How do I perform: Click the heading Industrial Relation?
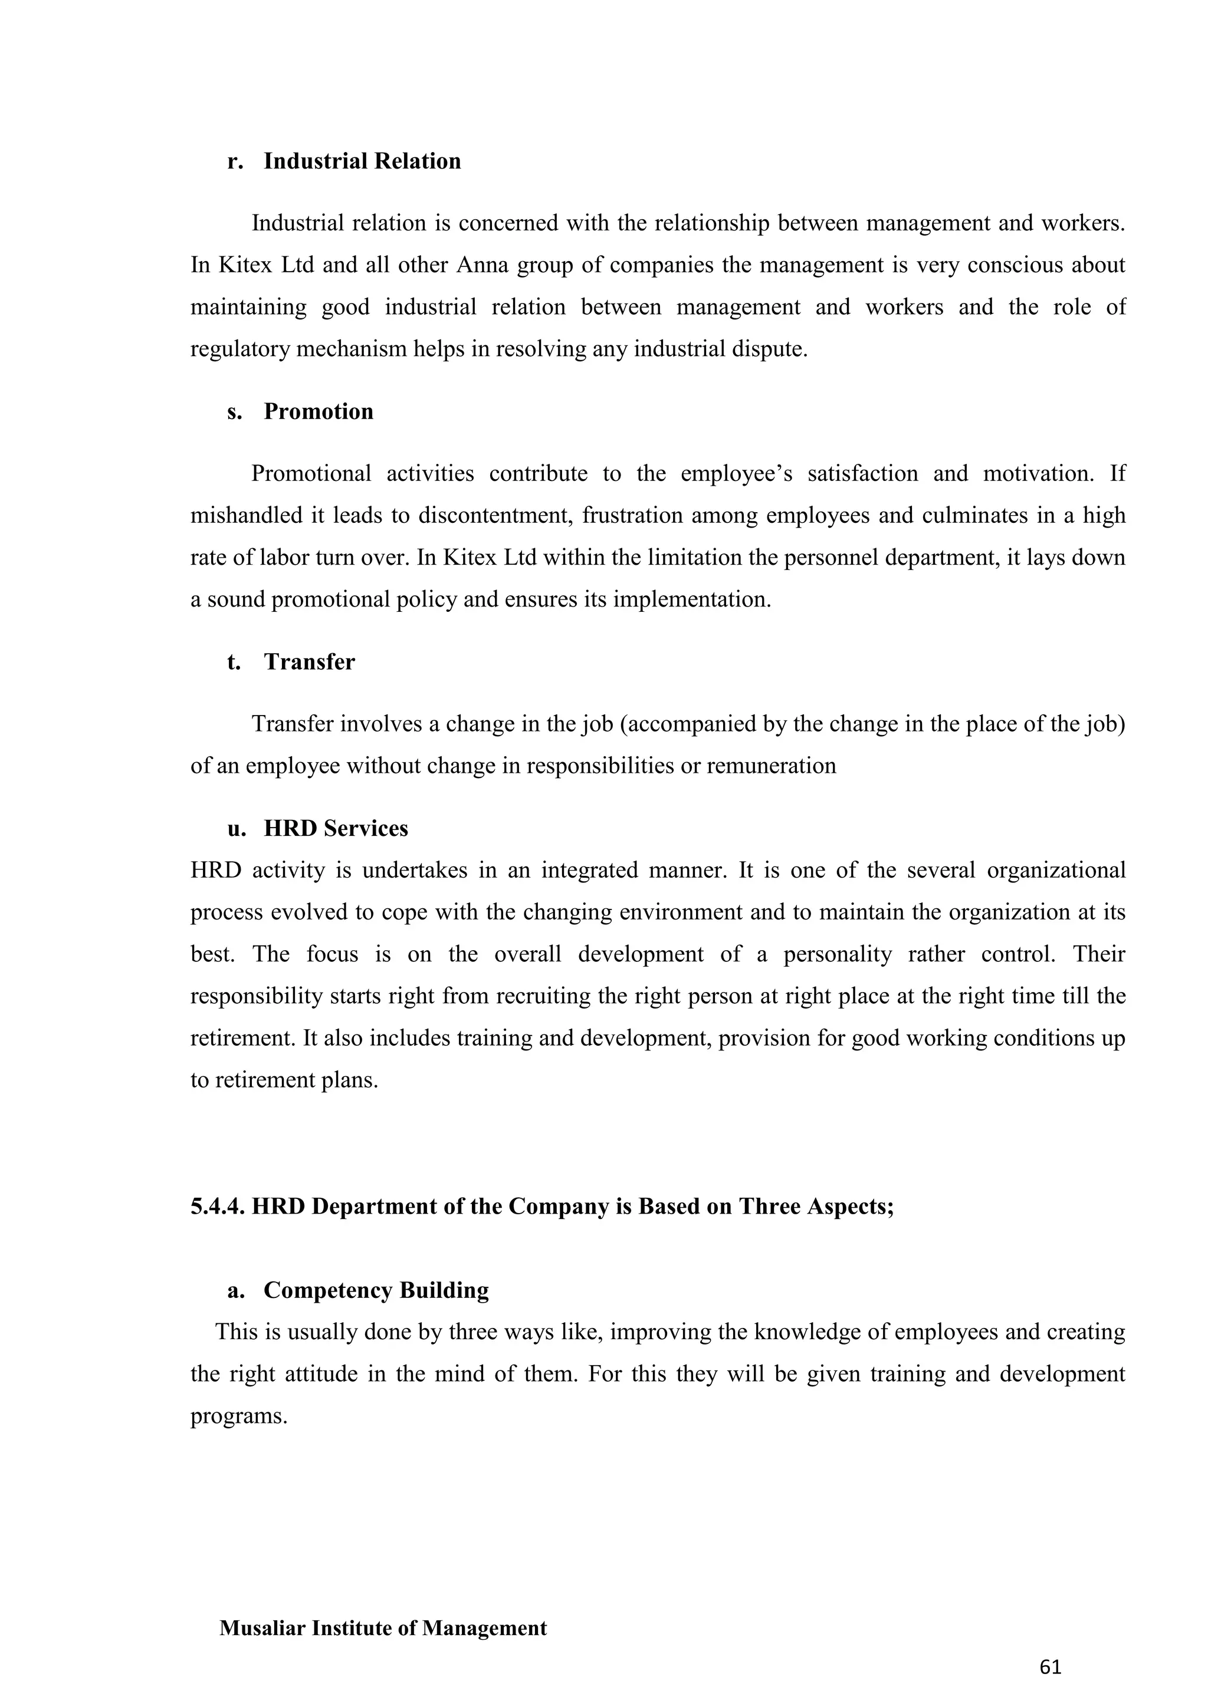362,162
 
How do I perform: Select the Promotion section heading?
319,411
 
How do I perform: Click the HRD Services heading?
336,828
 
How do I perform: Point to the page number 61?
1051,1667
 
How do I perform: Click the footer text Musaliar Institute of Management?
383,1628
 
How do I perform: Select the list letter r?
235,162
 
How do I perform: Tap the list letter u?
237,828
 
